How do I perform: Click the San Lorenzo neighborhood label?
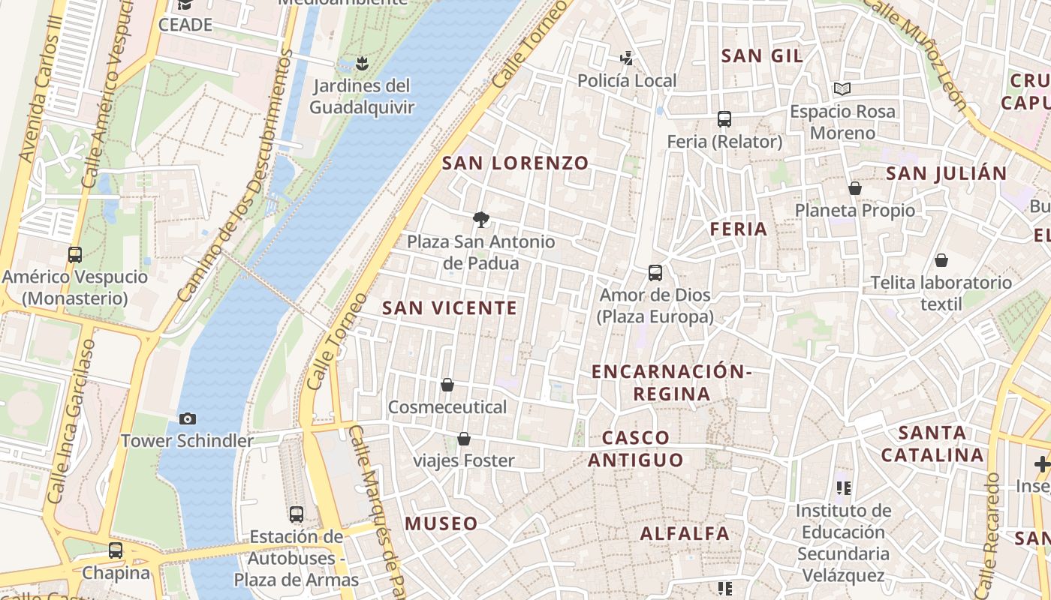point(515,163)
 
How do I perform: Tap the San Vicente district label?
point(450,307)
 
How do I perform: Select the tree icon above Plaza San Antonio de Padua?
point(481,220)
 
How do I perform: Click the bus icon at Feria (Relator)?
point(724,119)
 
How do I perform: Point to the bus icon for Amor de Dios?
point(655,273)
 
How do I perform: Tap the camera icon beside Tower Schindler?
point(188,418)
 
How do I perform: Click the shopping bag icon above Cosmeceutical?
point(447,385)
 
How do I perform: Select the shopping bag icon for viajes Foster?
point(464,439)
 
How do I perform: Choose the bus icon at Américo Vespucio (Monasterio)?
point(75,255)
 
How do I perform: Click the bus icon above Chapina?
point(116,550)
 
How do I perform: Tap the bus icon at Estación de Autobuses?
point(297,514)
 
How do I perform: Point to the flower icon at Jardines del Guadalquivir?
point(362,63)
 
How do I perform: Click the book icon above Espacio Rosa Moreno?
point(842,89)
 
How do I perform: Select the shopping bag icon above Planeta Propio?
point(854,188)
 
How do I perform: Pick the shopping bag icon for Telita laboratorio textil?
point(941,261)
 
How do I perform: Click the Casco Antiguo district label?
point(635,448)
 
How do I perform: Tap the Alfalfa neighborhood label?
point(685,533)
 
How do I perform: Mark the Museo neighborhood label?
point(441,523)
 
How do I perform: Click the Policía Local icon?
point(626,58)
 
